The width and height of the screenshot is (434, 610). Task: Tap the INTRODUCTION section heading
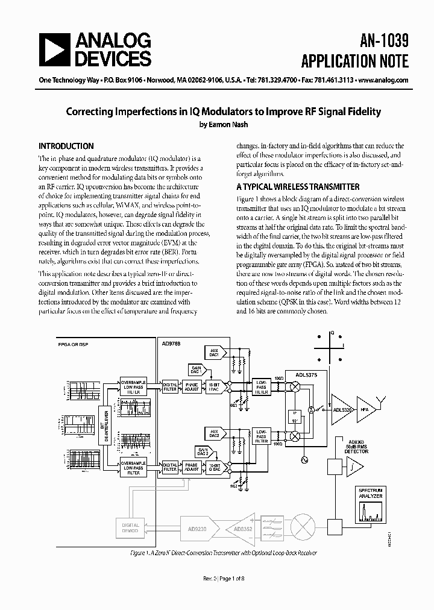[66, 146]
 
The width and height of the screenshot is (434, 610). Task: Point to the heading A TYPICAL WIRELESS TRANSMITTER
[298, 187]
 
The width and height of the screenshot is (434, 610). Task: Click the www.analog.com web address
[383, 80]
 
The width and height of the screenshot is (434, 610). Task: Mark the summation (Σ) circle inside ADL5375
[310, 409]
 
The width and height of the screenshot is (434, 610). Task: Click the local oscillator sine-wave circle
[304, 461]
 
